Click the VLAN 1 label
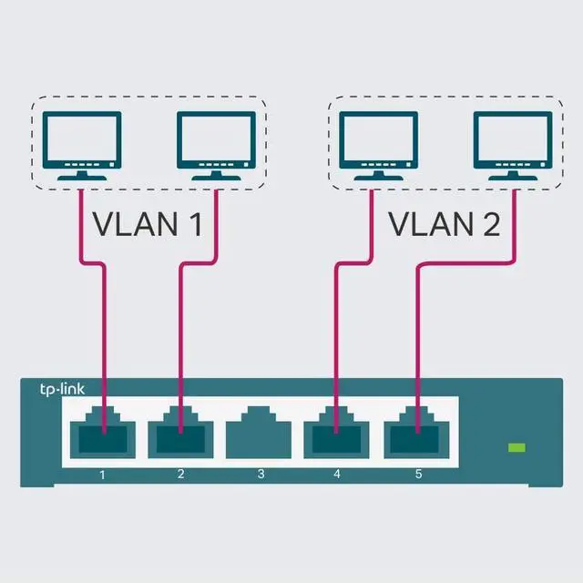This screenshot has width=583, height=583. (x=148, y=223)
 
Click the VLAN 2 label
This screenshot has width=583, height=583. (x=444, y=223)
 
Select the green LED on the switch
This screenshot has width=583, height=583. (x=517, y=447)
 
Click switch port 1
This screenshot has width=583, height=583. (x=103, y=435)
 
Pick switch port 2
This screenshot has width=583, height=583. (x=180, y=435)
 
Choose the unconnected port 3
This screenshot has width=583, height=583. (x=260, y=435)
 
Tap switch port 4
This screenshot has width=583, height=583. (x=338, y=435)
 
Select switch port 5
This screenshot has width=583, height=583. (x=417, y=435)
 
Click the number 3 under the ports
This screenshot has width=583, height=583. (x=261, y=474)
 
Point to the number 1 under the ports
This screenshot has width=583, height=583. (x=103, y=474)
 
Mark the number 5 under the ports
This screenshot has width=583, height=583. (x=418, y=474)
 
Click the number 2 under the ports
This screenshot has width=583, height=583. (x=181, y=474)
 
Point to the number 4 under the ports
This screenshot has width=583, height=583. (x=339, y=474)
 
